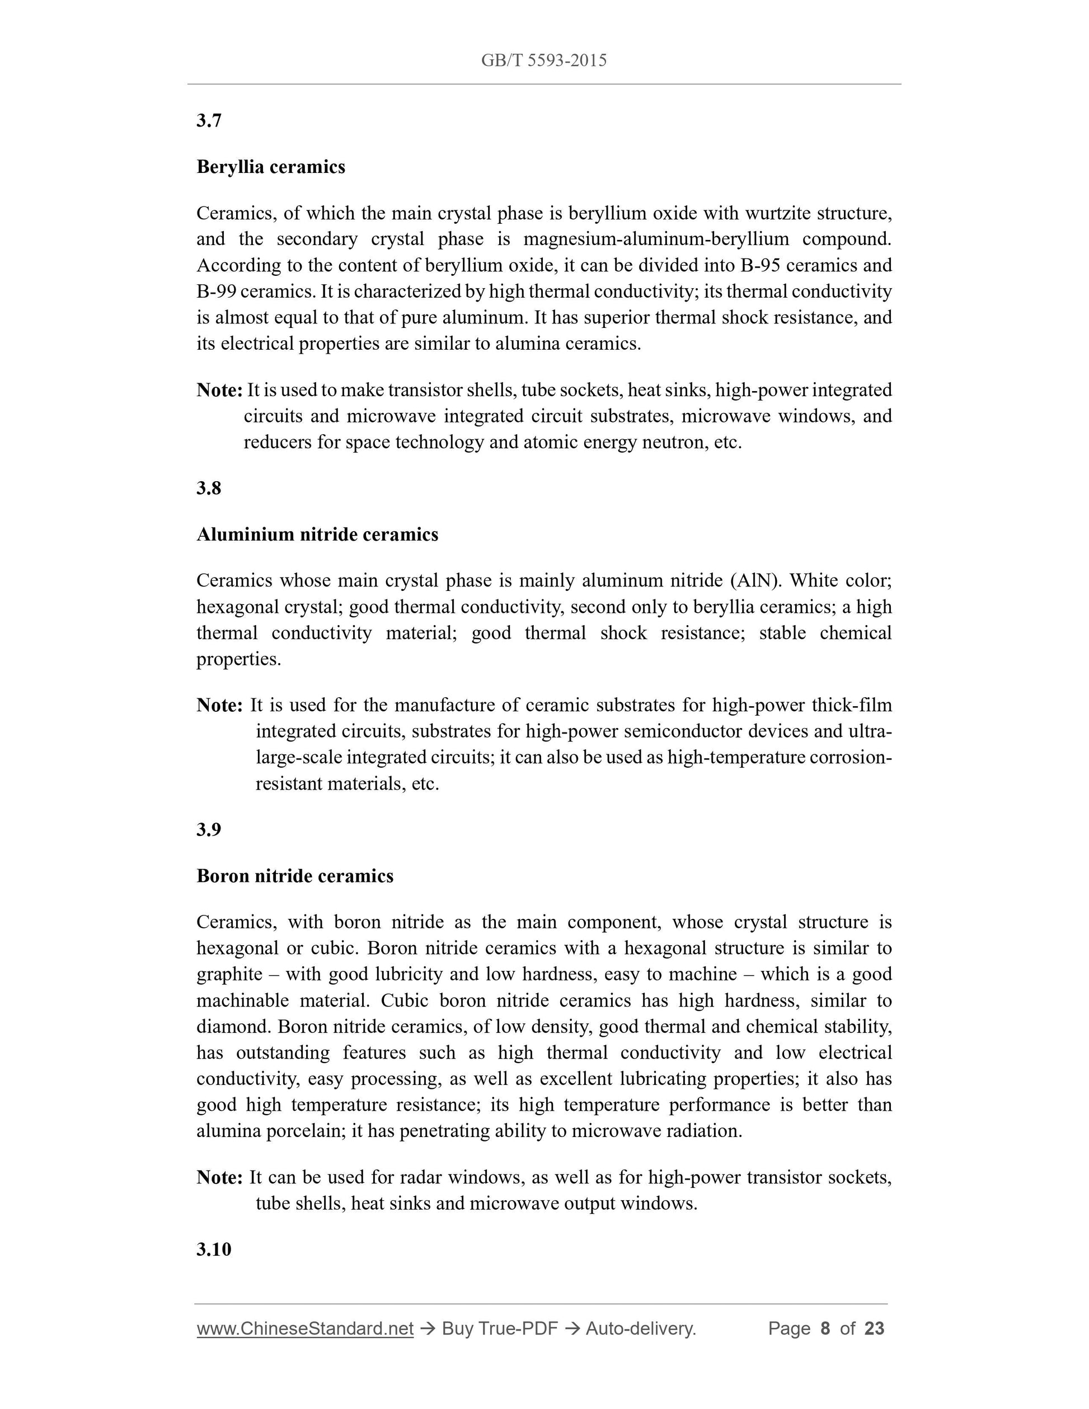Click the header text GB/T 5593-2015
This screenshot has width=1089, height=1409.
(544, 60)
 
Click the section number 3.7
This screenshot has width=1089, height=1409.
(209, 121)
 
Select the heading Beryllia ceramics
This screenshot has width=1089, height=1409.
(271, 167)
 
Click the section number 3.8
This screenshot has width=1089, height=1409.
(209, 489)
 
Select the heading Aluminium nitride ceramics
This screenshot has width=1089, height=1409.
(317, 534)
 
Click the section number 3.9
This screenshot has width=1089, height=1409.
(209, 830)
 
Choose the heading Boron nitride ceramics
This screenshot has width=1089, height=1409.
(295, 876)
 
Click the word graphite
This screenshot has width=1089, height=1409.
(229, 974)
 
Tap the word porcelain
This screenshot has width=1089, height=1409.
(306, 1131)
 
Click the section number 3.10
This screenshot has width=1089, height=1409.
(214, 1249)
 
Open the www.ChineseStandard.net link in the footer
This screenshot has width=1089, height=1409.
(304, 1328)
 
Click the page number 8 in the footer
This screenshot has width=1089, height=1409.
(824, 1328)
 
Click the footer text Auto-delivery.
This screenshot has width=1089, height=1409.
(641, 1328)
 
